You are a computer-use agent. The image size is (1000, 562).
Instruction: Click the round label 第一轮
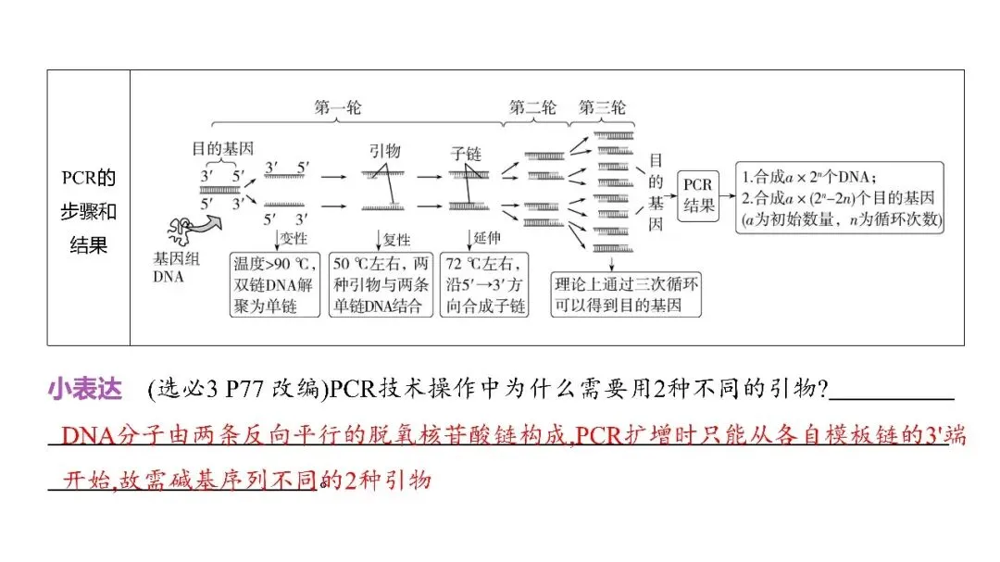tap(338, 107)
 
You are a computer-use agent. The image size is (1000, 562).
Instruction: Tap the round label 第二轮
tap(533, 107)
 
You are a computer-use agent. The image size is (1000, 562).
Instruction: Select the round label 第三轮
tap(602, 107)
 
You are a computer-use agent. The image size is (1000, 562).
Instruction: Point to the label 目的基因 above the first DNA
tap(223, 148)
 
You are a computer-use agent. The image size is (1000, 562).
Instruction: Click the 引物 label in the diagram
tap(384, 151)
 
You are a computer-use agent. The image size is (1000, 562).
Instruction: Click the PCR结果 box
tap(699, 193)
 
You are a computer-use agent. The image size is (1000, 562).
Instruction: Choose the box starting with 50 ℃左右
tap(382, 284)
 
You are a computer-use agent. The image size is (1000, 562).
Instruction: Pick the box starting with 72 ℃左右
tap(484, 284)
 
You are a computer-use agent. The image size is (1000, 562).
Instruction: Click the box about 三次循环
tap(626, 294)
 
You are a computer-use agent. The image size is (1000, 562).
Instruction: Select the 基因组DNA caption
tap(176, 268)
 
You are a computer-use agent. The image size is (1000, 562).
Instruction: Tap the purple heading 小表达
tap(85, 391)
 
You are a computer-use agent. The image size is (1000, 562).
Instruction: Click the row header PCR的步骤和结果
tap(89, 212)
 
